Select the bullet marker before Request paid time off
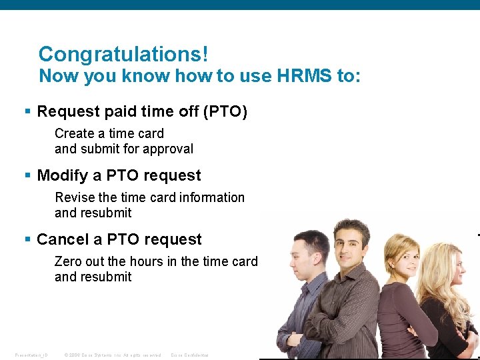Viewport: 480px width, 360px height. pyautogui.click(x=27, y=111)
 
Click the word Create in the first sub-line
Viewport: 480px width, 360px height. pyautogui.click(x=74, y=133)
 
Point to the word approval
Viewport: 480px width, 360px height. pyautogui.click(x=167, y=149)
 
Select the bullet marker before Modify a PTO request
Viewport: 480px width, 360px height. pyautogui.click(x=27, y=175)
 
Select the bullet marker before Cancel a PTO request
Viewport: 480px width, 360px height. pyautogui.click(x=27, y=239)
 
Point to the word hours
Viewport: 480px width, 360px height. pyautogui.click(x=145, y=261)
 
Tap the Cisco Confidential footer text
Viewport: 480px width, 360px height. pyautogui.click(x=190, y=355)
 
